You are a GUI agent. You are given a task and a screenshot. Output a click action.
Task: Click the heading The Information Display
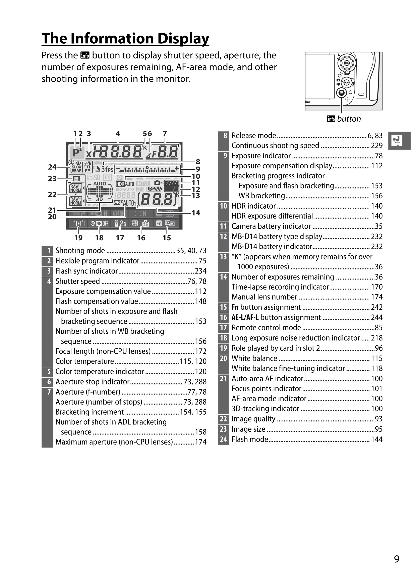tap(125, 38)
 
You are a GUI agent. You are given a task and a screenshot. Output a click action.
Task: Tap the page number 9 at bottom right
tap(397, 559)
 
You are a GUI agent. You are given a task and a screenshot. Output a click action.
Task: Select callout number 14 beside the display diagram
tap(196, 213)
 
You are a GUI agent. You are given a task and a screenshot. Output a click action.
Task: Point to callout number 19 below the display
tap(78, 238)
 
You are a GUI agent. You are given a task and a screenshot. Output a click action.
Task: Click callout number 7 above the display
tap(165, 134)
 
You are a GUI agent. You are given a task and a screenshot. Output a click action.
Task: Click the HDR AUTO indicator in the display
tap(125, 184)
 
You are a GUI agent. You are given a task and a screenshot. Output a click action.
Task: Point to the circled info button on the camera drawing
tap(342, 93)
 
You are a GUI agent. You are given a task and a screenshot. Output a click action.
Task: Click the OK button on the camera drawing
tap(347, 63)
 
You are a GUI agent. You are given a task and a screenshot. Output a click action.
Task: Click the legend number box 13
tap(223, 257)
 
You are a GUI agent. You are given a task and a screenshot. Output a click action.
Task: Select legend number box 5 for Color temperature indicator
tap(47, 372)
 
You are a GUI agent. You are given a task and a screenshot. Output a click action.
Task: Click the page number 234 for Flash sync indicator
tap(200, 271)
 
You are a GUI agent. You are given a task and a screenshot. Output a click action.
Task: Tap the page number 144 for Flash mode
tap(376, 439)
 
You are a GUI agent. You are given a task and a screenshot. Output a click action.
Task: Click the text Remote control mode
tap(266, 328)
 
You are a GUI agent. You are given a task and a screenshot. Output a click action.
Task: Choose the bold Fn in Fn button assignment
tap(235, 307)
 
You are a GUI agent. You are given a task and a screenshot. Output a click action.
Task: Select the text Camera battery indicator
tap(271, 226)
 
